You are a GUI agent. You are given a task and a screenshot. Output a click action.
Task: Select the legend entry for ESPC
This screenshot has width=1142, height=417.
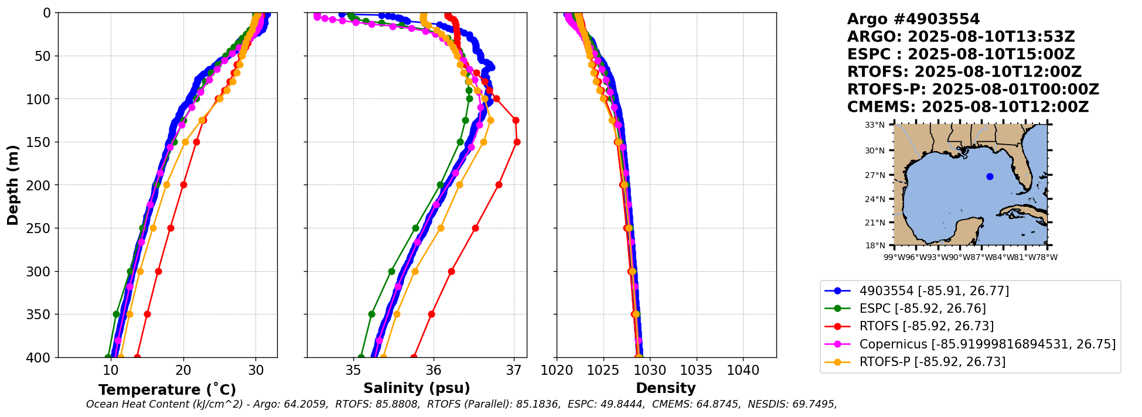point(922,309)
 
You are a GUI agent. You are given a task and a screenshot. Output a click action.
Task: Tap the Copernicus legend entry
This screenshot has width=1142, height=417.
point(987,344)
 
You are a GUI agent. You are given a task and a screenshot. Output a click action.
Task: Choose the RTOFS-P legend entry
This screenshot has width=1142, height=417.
point(932,362)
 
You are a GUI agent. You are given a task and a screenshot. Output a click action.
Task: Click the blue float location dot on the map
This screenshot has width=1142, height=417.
point(990,176)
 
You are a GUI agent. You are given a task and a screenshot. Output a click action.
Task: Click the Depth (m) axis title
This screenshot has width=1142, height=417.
point(13,184)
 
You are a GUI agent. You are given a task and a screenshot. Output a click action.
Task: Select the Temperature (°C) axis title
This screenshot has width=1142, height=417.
point(167,389)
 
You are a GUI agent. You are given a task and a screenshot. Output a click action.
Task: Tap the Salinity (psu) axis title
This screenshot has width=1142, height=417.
point(417,388)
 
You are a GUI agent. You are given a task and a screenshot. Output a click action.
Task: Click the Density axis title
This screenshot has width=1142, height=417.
point(666,388)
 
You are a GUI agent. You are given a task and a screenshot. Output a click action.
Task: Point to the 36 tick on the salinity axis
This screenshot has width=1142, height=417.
point(434,371)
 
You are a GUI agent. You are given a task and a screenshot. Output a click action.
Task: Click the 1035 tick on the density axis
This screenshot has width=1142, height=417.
point(697,371)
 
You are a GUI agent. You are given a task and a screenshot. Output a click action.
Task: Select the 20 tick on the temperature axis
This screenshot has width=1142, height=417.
point(183,371)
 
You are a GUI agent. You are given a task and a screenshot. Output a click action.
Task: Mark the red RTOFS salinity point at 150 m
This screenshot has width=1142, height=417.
point(517,142)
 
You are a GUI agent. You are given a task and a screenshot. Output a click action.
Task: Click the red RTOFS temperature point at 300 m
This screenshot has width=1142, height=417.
point(158,271)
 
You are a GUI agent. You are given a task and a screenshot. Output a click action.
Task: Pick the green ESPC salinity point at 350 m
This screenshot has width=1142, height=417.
point(371,314)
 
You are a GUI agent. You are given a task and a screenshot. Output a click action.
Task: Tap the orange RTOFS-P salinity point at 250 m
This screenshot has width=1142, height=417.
point(441,228)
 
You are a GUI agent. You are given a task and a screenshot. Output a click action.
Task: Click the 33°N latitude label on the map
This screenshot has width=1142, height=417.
point(875,125)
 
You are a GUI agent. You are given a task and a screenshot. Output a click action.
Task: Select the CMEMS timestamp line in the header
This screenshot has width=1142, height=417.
point(967,107)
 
